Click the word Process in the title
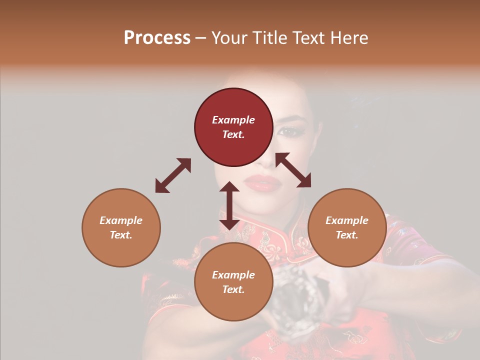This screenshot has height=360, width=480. click(157, 38)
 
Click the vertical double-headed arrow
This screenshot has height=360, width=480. click(229, 205)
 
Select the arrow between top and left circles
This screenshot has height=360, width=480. click(173, 175)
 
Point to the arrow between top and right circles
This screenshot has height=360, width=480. click(293, 170)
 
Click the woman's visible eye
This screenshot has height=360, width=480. click(288, 131)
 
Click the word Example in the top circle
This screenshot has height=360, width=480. click(233, 120)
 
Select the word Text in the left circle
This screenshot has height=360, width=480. click(121, 235)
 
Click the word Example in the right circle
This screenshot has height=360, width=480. click(347, 220)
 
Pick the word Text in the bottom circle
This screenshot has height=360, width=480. click(233, 289)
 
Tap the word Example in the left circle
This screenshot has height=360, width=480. click(121, 220)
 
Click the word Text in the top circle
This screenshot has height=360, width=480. click(233, 134)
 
